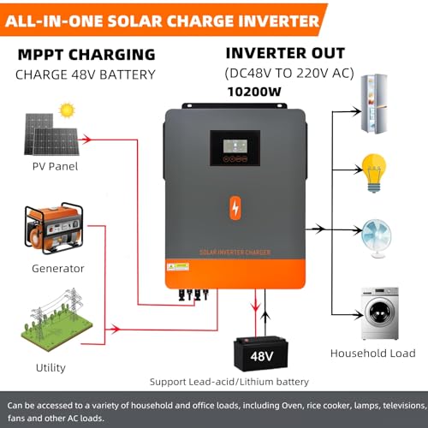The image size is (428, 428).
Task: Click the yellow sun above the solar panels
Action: [67, 110]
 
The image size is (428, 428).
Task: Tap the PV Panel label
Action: [55, 166]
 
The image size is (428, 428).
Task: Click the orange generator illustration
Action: [54, 229]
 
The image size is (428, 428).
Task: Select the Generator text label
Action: [58, 269]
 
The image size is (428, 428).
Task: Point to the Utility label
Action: [51, 368]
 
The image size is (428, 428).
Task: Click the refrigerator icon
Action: [374, 104]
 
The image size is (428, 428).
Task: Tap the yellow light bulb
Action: [374, 173]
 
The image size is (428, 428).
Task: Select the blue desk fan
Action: [377, 239]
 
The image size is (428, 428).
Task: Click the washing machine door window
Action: [380, 312]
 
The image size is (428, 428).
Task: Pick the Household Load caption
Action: [373, 354]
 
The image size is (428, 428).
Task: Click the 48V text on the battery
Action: [262, 356]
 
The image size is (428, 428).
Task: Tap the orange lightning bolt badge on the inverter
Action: [235, 208]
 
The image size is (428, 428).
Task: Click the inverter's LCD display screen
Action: [235, 146]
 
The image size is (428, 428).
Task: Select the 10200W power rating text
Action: [254, 92]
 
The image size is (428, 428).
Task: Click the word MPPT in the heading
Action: [41, 55]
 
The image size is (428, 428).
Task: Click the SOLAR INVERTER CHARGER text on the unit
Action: [235, 253]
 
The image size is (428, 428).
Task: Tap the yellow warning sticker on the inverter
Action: [178, 267]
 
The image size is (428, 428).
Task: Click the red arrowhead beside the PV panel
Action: [86, 140]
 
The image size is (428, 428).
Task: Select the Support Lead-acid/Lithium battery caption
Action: [229, 382]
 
